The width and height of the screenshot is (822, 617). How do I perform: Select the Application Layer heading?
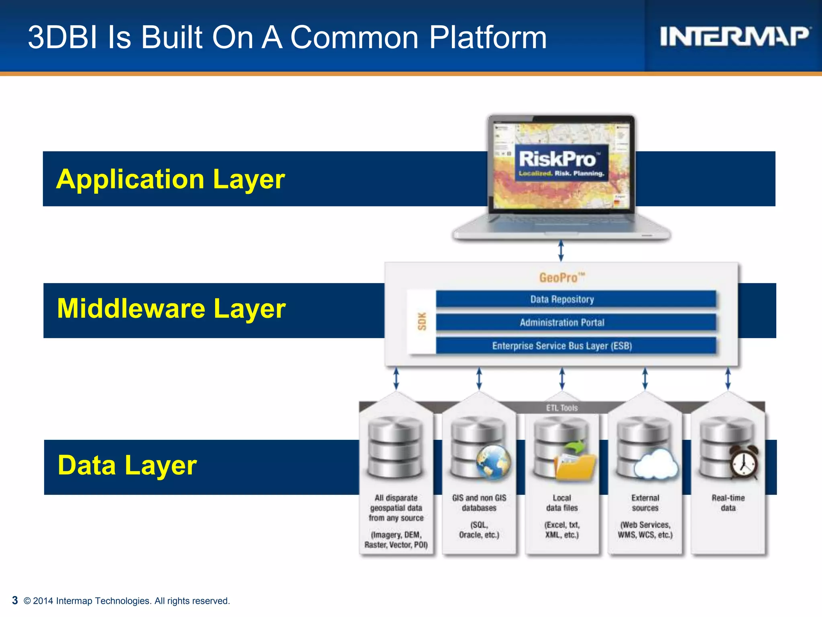171,179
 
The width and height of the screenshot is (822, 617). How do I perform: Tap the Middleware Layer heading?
171,308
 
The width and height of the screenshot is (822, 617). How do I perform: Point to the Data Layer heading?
127,465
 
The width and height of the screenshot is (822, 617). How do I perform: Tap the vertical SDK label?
422,321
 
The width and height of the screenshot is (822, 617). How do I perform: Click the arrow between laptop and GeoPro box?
561,251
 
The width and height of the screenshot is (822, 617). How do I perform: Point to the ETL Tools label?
562,408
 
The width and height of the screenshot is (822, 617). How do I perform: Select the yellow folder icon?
575,466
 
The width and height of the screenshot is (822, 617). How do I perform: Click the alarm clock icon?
744,463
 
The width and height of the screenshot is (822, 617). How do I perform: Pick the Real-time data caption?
728,503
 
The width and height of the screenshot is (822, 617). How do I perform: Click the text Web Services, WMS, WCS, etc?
645,530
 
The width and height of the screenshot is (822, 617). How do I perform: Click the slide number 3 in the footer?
15,600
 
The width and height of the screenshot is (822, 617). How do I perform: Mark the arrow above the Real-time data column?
728,379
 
